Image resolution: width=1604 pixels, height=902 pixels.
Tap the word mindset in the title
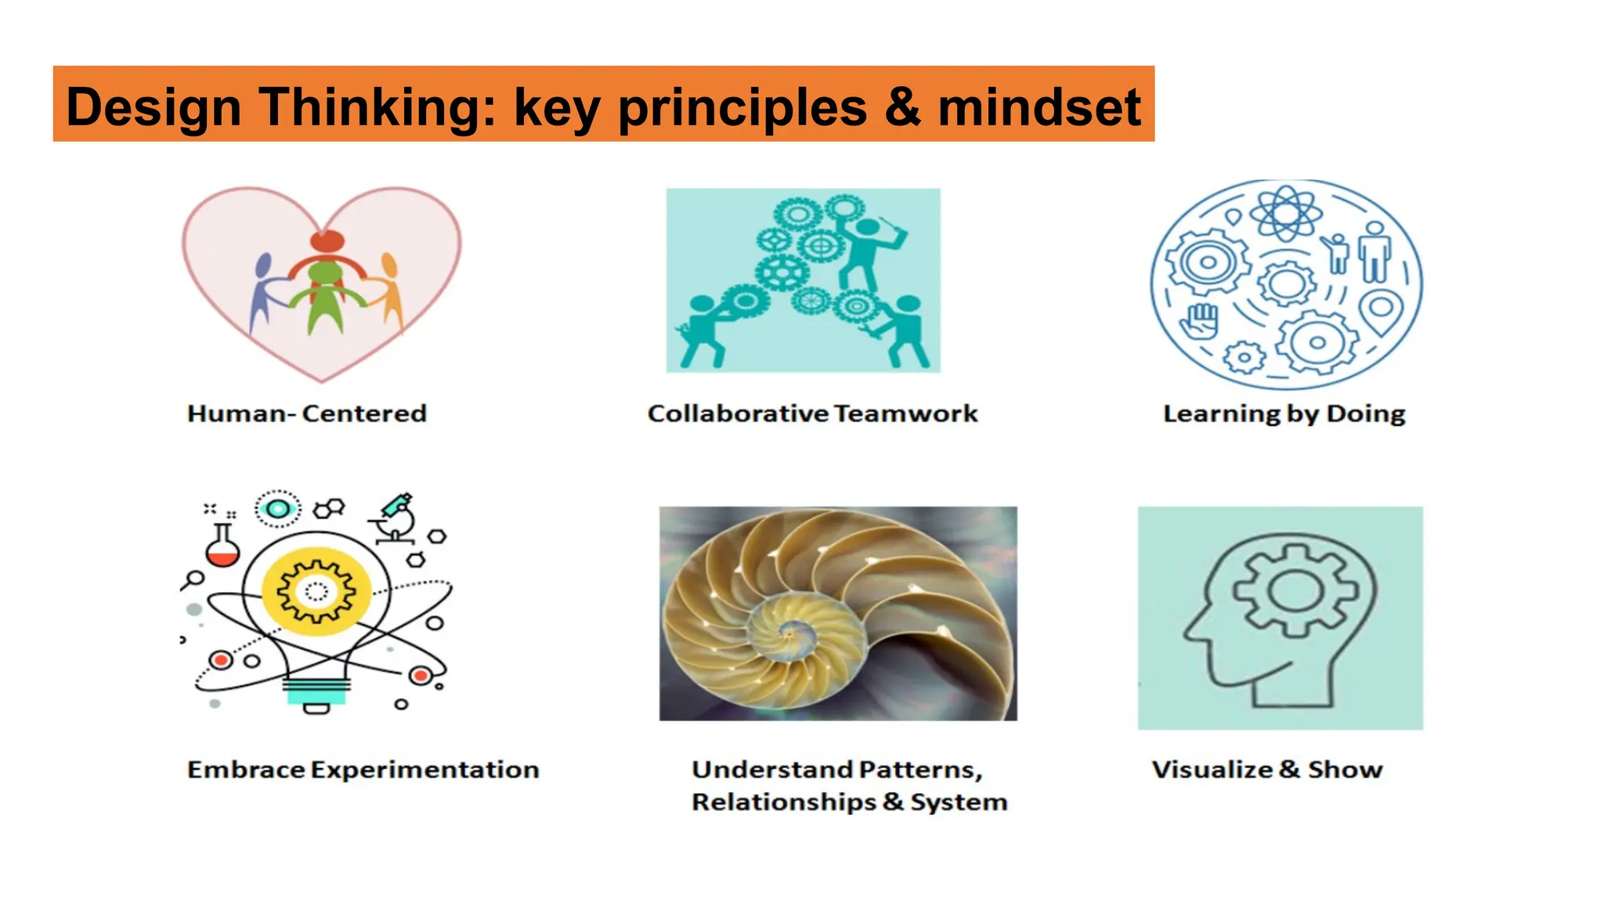click(1039, 106)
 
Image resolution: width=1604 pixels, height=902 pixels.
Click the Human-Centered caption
click(307, 413)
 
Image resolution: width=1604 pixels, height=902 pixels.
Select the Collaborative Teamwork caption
click(812, 413)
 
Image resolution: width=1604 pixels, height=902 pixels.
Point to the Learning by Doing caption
click(1284, 413)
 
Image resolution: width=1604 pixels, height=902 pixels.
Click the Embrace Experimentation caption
click(363, 770)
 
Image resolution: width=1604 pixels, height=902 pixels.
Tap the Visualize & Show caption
click(1267, 770)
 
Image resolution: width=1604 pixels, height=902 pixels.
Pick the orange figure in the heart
click(389, 290)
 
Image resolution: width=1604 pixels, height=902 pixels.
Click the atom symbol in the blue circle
click(1285, 212)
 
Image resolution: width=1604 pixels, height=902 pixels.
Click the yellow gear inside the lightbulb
click(316, 591)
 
